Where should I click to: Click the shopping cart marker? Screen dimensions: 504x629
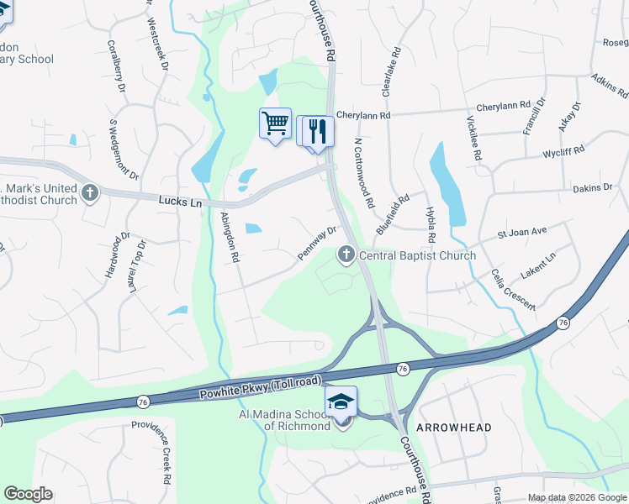click(x=275, y=123)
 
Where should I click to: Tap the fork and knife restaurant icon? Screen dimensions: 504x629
click(x=318, y=131)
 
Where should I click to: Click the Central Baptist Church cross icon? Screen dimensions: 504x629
click(x=346, y=255)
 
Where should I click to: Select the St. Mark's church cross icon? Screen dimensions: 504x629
click(x=90, y=194)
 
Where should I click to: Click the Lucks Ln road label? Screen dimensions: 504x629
click(x=180, y=201)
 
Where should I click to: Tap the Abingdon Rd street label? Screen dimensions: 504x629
click(x=230, y=237)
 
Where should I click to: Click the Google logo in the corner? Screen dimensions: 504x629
click(x=28, y=494)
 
